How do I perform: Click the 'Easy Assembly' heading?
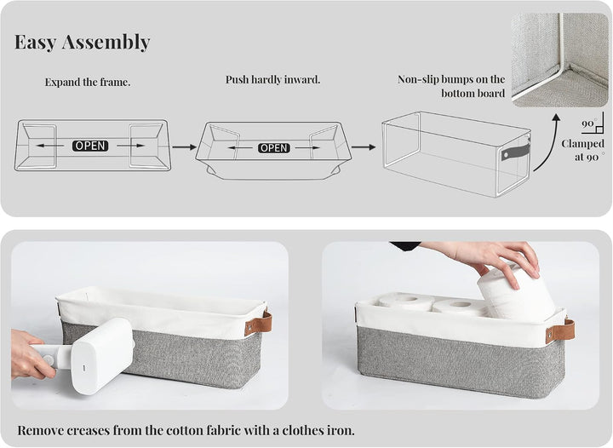pyautogui.click(x=82, y=42)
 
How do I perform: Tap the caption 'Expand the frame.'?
pyautogui.click(x=88, y=82)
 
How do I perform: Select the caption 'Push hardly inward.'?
pyautogui.click(x=273, y=79)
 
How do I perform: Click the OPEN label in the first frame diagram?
pyautogui.click(x=90, y=146)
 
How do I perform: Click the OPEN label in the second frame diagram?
pyautogui.click(x=274, y=148)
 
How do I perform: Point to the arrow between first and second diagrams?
pyautogui.click(x=185, y=147)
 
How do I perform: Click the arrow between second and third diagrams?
pyautogui.click(x=364, y=147)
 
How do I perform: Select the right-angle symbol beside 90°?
pyautogui.click(x=599, y=128)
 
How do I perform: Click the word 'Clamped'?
pyautogui.click(x=582, y=144)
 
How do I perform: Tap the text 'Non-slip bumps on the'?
pyautogui.click(x=451, y=79)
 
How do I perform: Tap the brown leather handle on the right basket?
pyautogui.click(x=560, y=330)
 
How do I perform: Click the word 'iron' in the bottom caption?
pyautogui.click(x=340, y=430)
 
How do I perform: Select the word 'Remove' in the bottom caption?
pyautogui.click(x=40, y=430)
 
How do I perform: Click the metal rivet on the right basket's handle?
pyautogui.click(x=551, y=335)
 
